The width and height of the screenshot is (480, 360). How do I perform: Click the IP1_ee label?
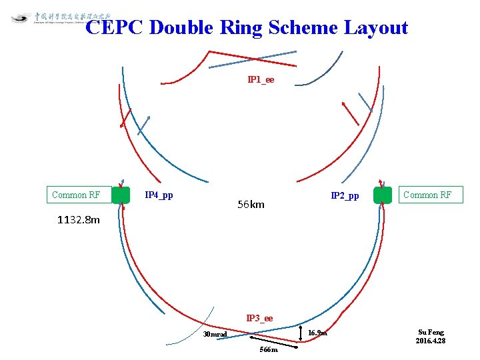[261, 80]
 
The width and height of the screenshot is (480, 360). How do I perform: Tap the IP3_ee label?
[259, 319]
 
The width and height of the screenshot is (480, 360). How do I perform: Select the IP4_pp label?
[159, 195]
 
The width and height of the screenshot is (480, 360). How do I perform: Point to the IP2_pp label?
[345, 196]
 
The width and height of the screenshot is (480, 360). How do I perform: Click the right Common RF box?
[427, 195]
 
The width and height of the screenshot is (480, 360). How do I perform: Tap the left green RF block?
[121, 195]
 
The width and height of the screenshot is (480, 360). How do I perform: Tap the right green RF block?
[383, 195]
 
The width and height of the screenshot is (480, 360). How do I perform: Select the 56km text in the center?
[251, 205]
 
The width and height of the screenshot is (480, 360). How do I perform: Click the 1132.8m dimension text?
[79, 219]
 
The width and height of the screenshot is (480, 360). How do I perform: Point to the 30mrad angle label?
[215, 334]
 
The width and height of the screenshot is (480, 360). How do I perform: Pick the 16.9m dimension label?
[317, 333]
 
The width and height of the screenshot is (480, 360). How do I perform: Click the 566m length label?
[269, 349]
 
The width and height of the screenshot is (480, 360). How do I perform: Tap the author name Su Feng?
[431, 332]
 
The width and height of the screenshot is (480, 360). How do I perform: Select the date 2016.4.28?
[431, 341]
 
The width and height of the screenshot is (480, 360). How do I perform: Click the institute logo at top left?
[21, 18]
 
